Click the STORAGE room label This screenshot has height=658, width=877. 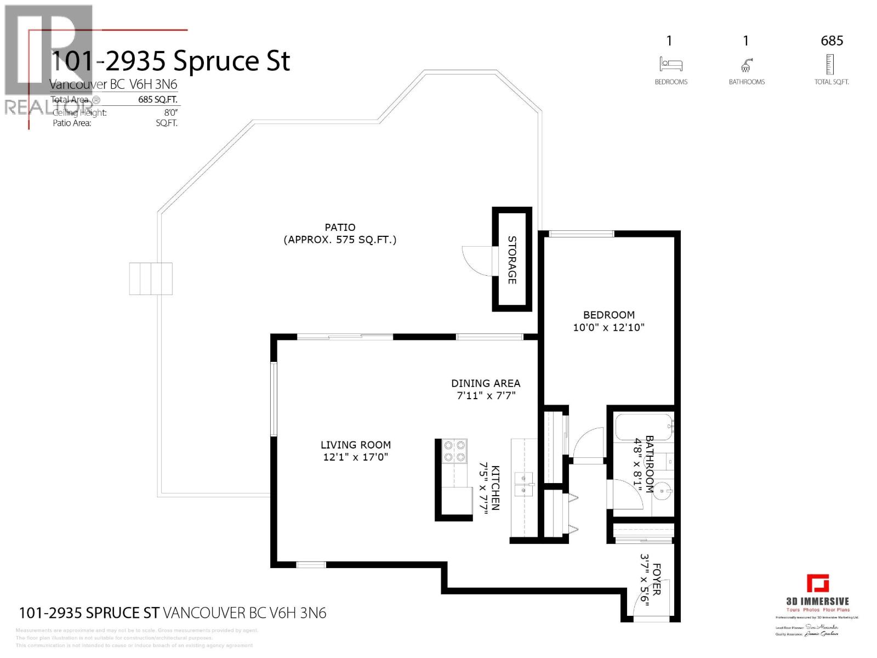(512, 260)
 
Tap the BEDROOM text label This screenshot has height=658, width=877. (608, 315)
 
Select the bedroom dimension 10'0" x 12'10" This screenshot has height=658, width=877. (608, 327)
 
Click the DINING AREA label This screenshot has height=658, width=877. (486, 383)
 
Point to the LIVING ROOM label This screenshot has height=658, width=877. (356, 445)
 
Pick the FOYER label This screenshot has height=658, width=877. (657, 579)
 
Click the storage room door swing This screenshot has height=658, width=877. (475, 261)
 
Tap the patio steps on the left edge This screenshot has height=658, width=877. (151, 279)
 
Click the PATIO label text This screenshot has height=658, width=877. (340, 227)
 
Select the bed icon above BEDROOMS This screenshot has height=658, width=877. (670, 64)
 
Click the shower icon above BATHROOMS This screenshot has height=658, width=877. (746, 66)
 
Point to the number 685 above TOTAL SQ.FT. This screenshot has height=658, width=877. (832, 41)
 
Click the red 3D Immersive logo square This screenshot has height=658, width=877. (817, 583)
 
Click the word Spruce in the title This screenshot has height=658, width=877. (221, 61)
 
